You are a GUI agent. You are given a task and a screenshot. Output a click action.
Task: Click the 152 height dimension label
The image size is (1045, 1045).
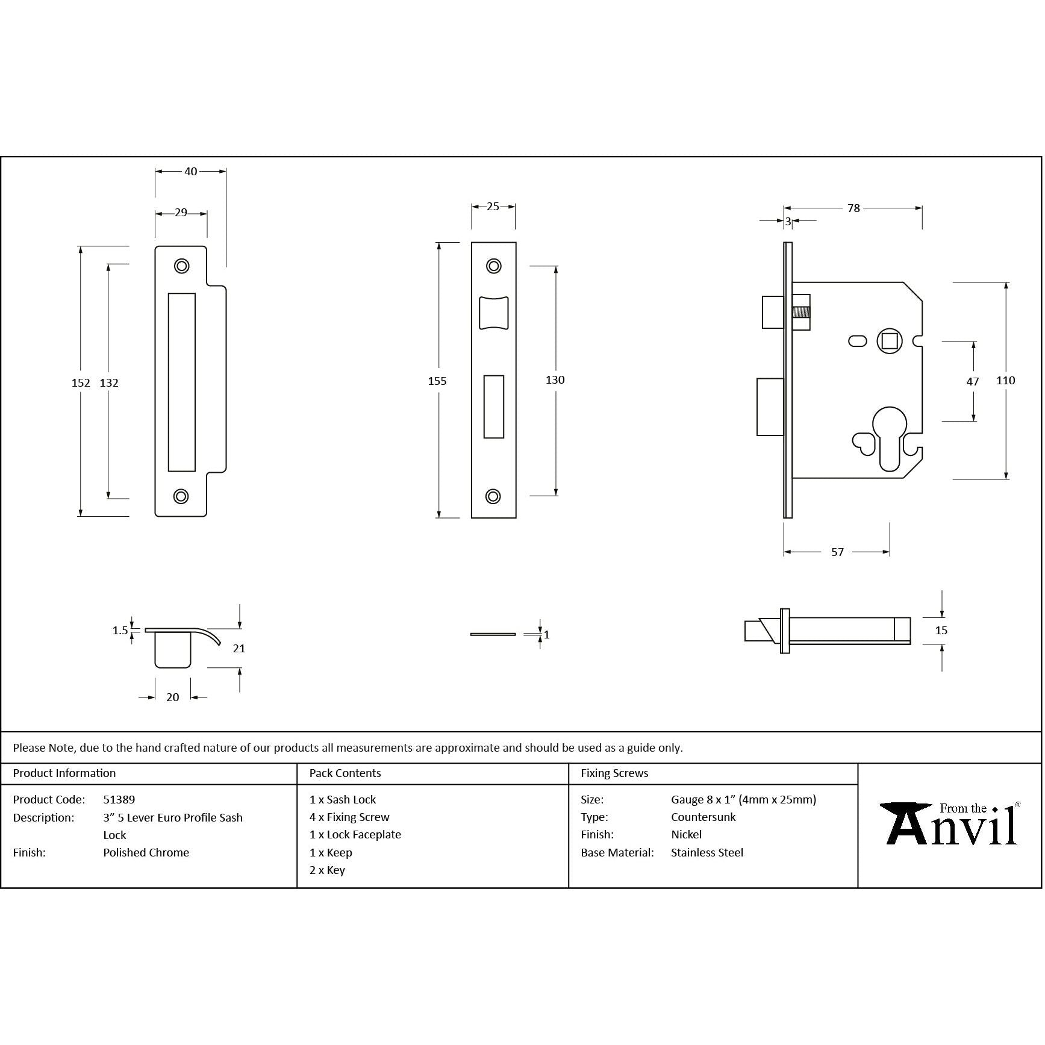(x=80, y=382)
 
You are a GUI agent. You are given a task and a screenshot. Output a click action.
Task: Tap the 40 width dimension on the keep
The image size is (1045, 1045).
(x=190, y=172)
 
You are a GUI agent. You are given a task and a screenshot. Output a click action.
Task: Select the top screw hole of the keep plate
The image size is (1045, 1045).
(x=181, y=266)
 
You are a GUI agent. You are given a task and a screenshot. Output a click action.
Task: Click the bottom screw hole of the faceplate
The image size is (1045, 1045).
(x=493, y=496)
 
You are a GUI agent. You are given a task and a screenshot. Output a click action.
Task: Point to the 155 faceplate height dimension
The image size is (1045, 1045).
(x=437, y=381)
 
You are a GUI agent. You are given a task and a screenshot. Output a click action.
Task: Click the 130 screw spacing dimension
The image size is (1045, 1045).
(x=555, y=379)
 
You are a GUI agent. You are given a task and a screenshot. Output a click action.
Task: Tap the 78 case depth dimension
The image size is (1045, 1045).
(x=853, y=208)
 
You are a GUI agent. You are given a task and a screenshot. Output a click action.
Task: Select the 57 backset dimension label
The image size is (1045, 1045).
(x=837, y=552)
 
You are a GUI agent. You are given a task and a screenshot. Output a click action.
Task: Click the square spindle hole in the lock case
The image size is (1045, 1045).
(x=889, y=342)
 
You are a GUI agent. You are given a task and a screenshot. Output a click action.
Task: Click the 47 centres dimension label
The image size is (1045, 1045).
(x=972, y=381)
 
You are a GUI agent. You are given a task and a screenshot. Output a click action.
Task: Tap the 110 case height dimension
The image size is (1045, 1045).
(x=1005, y=380)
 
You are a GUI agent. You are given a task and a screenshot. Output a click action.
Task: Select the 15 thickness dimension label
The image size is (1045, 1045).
(x=941, y=631)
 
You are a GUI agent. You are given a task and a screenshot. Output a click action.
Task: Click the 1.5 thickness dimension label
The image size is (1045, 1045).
(x=120, y=631)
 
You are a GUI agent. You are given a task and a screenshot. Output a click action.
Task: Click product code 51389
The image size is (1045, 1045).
(x=119, y=800)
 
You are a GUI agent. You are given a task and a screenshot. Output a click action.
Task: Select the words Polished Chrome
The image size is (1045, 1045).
(x=146, y=852)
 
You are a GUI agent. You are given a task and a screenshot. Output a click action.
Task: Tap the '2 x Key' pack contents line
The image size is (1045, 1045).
(x=327, y=870)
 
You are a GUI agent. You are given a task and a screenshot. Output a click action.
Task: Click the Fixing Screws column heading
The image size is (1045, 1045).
(x=614, y=773)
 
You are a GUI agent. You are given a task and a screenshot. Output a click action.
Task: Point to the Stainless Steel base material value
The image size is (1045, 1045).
(x=707, y=852)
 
